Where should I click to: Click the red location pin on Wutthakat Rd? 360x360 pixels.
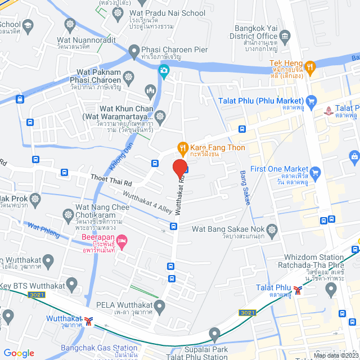pyautogui.click(x=179, y=168)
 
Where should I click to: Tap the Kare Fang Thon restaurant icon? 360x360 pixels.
pyautogui.click(x=182, y=148)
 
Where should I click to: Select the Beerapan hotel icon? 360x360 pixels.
pyautogui.click(x=123, y=241)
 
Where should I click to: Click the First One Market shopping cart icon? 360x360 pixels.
pyautogui.click(x=315, y=172)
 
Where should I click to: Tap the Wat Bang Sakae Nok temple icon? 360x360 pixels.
pyautogui.click(x=272, y=229)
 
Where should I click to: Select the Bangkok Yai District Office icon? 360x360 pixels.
pyautogui.click(x=285, y=38)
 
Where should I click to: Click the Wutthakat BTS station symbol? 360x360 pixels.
pyautogui.click(x=88, y=320)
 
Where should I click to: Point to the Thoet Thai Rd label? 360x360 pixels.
pyautogui.click(x=111, y=182)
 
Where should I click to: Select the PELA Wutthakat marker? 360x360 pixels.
pyautogui.click(x=160, y=307)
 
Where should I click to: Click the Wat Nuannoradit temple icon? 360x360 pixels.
pyautogui.click(x=70, y=25)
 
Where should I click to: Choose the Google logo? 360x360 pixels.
pyautogui.click(x=19, y=353)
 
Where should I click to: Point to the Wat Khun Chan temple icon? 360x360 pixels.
pyautogui.click(x=160, y=117)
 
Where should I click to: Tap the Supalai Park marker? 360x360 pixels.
pyautogui.click(x=214, y=336)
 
